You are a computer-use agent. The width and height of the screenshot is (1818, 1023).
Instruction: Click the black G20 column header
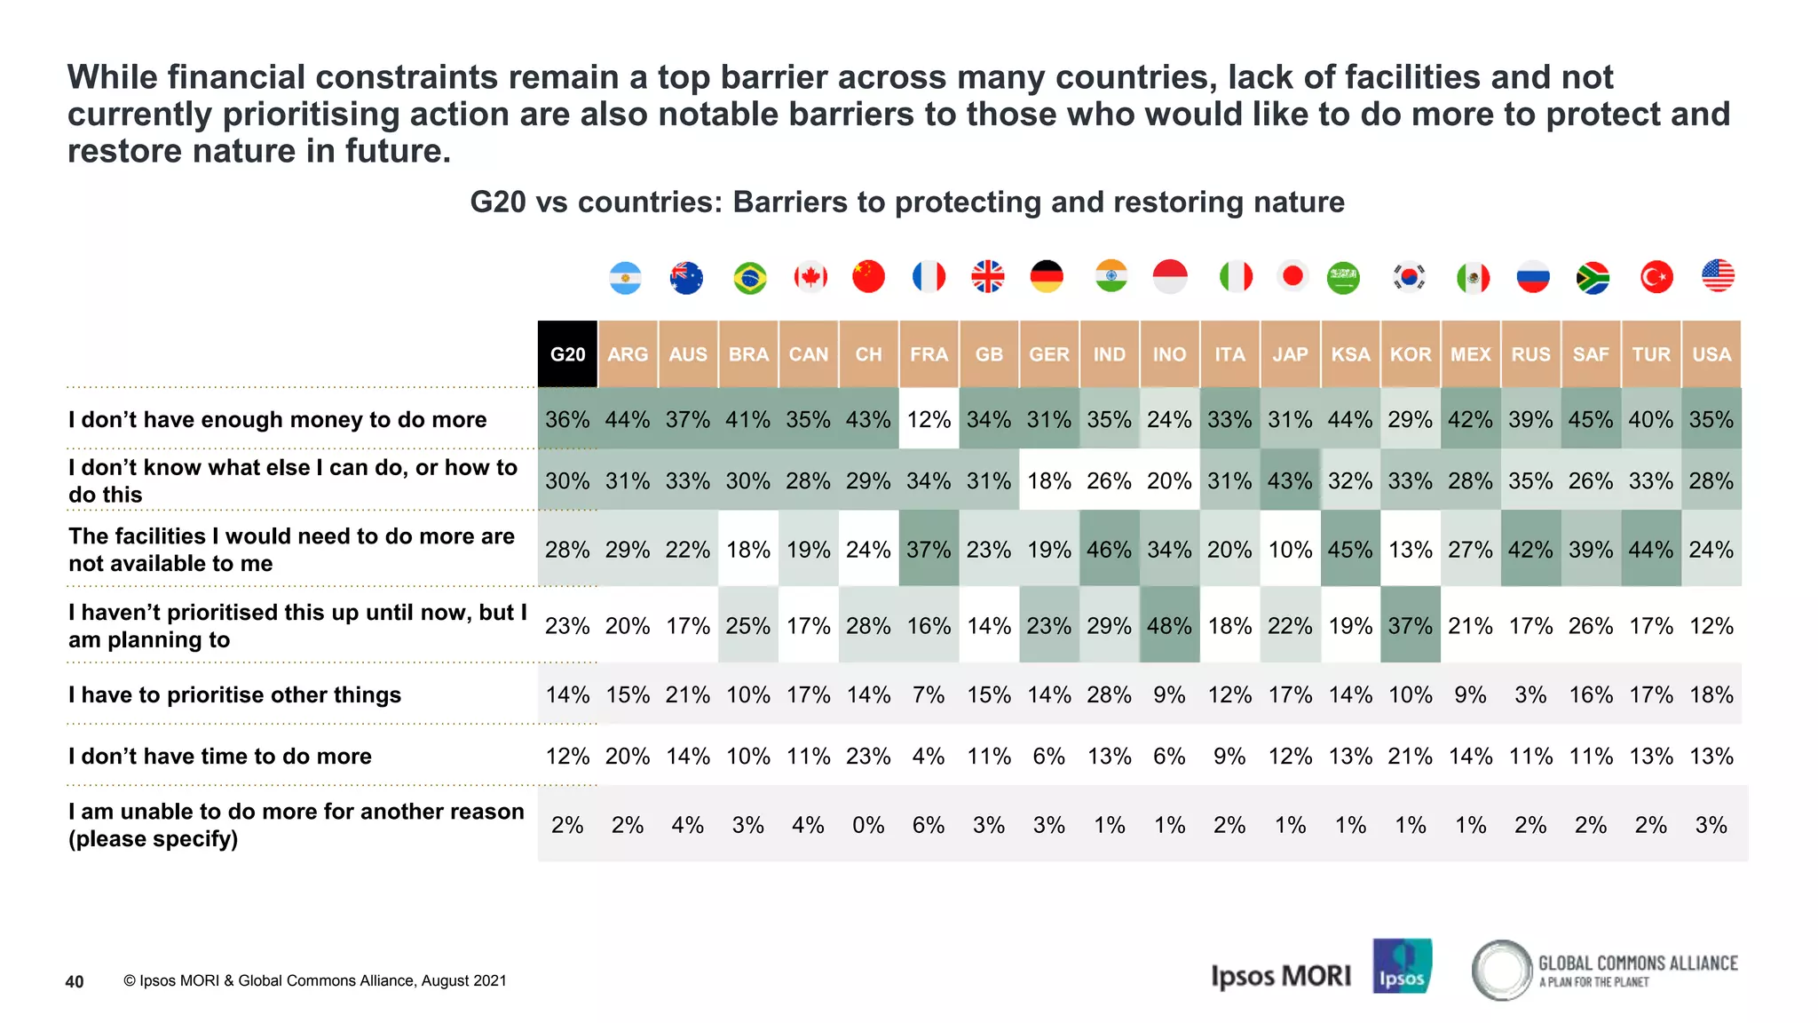tap(567, 354)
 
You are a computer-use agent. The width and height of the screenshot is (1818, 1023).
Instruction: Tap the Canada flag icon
tap(810, 277)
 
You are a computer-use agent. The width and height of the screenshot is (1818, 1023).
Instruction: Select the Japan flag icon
tap(1292, 276)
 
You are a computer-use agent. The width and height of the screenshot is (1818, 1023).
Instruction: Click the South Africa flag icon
tap(1593, 278)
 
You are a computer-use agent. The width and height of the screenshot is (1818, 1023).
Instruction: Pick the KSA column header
tap(1350, 354)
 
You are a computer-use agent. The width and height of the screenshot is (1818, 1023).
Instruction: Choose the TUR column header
tap(1651, 354)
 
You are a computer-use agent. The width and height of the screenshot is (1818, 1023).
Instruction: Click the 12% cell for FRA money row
tap(929, 419)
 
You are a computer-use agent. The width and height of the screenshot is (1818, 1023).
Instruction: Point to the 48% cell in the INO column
tap(1169, 626)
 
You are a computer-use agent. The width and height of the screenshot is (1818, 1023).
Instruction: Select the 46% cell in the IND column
tap(1109, 550)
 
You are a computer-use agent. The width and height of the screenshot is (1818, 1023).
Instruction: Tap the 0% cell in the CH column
tap(868, 825)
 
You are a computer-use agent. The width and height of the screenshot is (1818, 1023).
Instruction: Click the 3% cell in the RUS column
tap(1530, 694)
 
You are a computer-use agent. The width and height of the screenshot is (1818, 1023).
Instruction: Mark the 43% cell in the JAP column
tap(1290, 480)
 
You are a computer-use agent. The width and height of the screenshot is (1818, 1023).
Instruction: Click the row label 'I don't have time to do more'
tap(220, 756)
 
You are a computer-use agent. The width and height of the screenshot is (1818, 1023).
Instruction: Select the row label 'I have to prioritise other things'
tap(234, 694)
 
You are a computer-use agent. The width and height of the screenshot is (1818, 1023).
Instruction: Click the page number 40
tap(75, 981)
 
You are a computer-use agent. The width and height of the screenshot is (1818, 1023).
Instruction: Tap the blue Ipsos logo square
tap(1402, 966)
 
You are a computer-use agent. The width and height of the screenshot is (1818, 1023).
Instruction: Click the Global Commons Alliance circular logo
tap(1502, 970)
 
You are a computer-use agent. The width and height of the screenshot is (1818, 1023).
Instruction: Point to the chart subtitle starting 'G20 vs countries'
tap(906, 202)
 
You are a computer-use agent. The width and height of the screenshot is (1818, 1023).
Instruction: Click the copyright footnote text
tap(314, 980)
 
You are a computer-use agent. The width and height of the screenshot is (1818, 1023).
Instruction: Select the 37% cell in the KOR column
tap(1410, 626)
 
